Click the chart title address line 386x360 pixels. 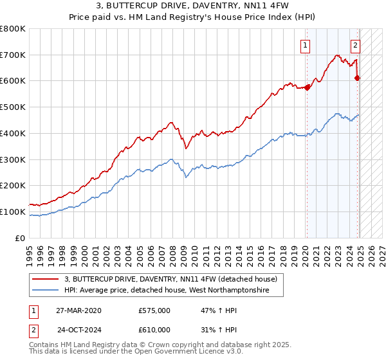(194, 6)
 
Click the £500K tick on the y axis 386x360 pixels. (14, 107)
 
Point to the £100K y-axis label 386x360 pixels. (14, 212)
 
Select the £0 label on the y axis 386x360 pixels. (21, 238)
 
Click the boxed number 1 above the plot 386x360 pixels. (304, 45)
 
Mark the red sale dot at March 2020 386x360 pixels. (307, 88)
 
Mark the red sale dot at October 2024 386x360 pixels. (358, 78)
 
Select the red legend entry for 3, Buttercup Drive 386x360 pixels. (170, 279)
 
